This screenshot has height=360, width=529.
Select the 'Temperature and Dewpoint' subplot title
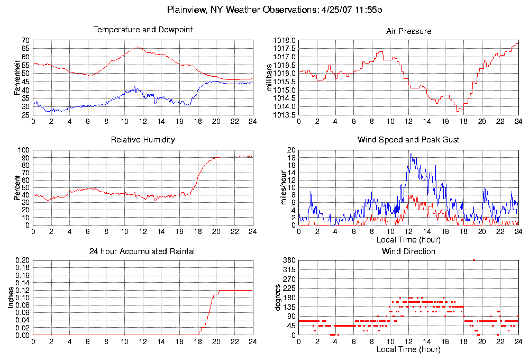click(143, 30)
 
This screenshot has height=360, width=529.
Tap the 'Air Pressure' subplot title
click(408, 31)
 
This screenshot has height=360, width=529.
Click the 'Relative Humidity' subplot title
click(143, 140)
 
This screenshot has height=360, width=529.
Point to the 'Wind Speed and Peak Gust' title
click(408, 140)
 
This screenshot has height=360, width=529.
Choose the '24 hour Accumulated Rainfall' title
click(143, 251)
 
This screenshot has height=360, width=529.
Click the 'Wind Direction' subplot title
click(408, 251)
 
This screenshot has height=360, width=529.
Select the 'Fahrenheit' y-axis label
click(17, 78)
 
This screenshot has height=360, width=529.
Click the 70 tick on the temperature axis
click(25, 40)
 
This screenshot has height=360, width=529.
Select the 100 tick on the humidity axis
click(23, 150)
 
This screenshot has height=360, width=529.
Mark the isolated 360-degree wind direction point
click(474, 260)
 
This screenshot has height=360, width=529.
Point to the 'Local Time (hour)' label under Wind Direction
click(408, 350)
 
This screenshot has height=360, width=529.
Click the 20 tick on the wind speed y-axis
click(290, 150)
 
